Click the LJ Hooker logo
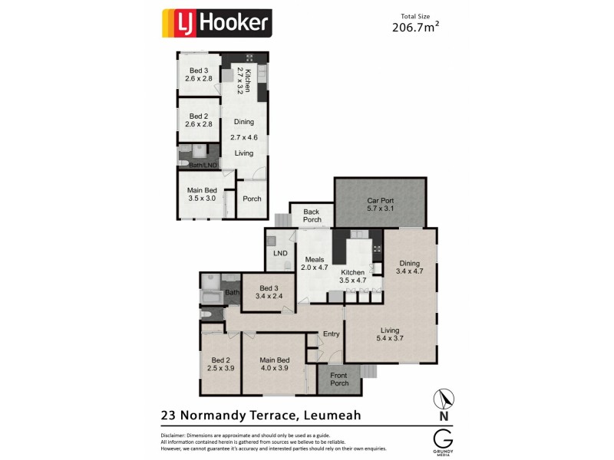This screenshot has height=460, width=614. (216, 23)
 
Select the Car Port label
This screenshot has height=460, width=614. (380, 202)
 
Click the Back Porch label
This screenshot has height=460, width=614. (311, 215)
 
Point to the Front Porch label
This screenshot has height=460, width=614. (339, 379)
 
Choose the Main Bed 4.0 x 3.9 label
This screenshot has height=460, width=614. (274, 364)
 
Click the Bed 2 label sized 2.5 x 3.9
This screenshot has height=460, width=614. (220, 364)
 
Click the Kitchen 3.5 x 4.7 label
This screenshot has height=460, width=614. (353, 277)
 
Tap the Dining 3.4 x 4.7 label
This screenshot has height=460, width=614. (409, 267)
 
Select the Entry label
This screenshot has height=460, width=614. (331, 333)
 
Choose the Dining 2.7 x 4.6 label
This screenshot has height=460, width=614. (243, 130)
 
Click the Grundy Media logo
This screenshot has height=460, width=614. (443, 442)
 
